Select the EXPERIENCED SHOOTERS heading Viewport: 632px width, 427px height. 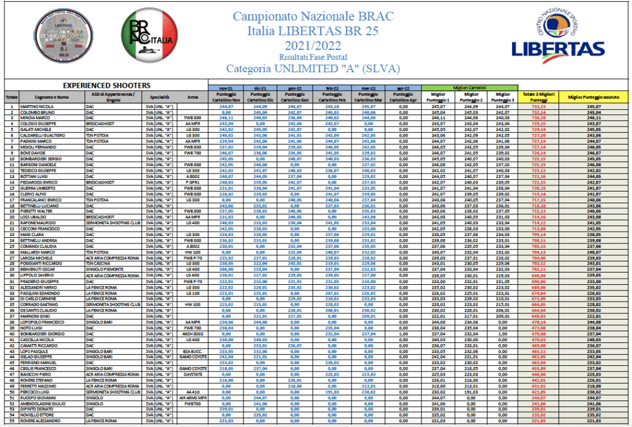tap(107, 85)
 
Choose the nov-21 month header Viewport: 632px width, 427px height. tap(225, 89)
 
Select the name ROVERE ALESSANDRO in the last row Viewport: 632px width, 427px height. tap(44, 421)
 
